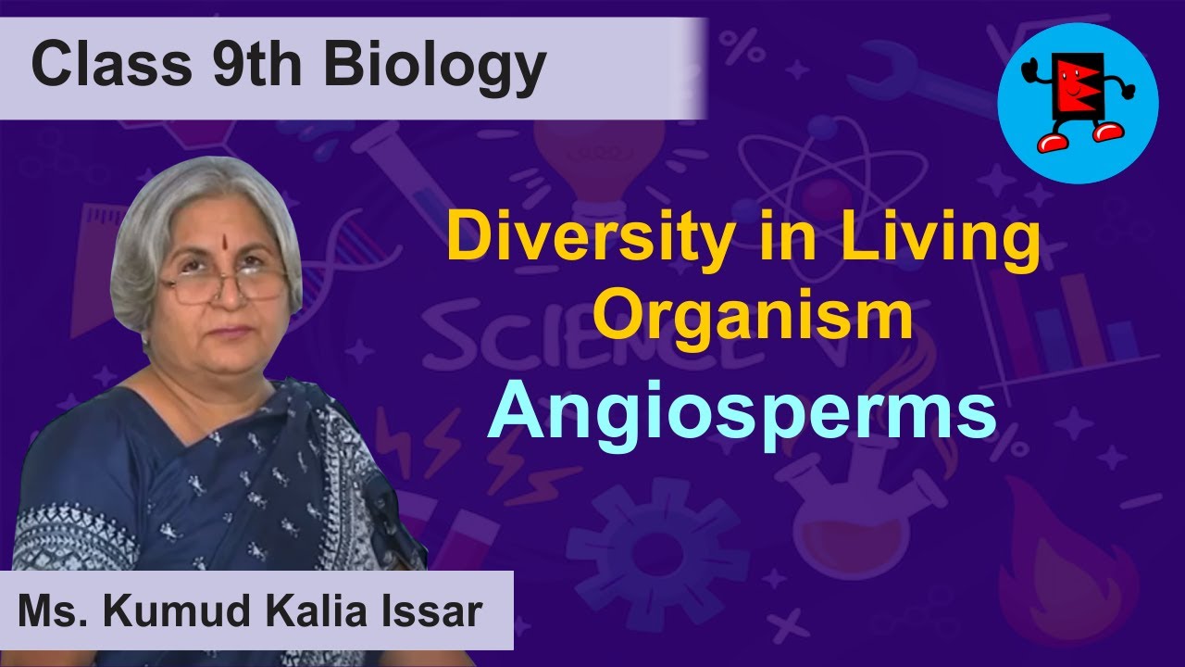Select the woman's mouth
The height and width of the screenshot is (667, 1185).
point(230,332)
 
